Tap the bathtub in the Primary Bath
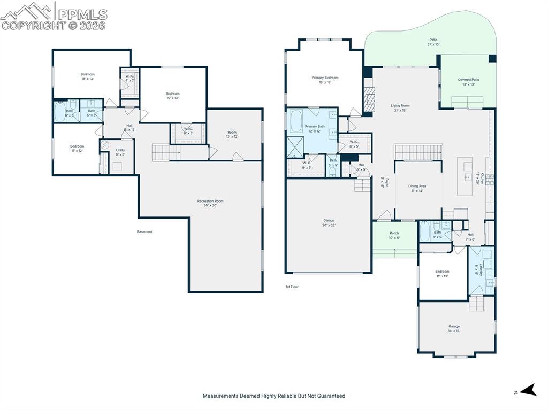click(x=296, y=121)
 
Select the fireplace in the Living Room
click(x=368, y=99)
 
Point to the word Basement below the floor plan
click(x=144, y=231)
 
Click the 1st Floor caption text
click(x=292, y=287)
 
